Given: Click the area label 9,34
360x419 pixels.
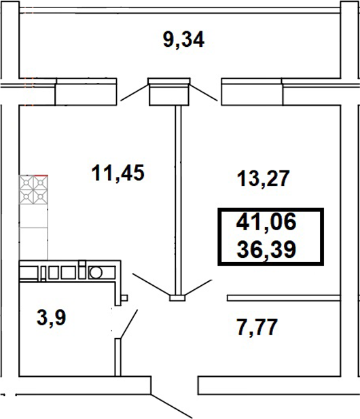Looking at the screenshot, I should pos(183,40).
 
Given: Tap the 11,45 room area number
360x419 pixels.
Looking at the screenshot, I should pos(118,172).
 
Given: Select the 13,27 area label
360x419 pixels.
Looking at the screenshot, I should pos(263,179).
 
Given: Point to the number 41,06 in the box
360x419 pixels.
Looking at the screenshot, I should pos(268,223).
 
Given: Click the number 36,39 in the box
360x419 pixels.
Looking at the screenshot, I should pos(268,251).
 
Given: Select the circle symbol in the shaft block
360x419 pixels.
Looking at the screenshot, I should pos(96,272).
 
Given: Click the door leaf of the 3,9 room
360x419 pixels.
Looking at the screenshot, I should pos(128,324).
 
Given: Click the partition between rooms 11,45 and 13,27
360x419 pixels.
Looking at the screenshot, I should pos(177,197).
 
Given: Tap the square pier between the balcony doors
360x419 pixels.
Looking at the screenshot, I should pos(168,93).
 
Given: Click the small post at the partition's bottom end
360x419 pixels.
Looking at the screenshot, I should pos(177,297).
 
